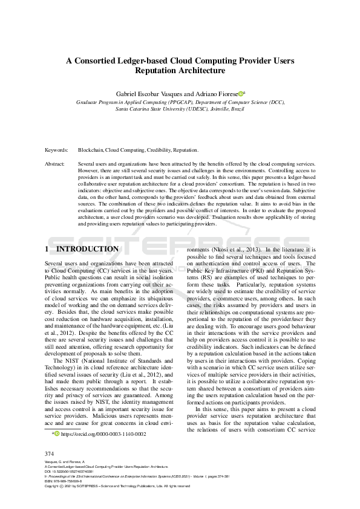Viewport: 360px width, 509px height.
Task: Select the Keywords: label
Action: [x=56, y=149]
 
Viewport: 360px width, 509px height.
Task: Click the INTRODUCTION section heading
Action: [x=87, y=249]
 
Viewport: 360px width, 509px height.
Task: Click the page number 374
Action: [x=50, y=453]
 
